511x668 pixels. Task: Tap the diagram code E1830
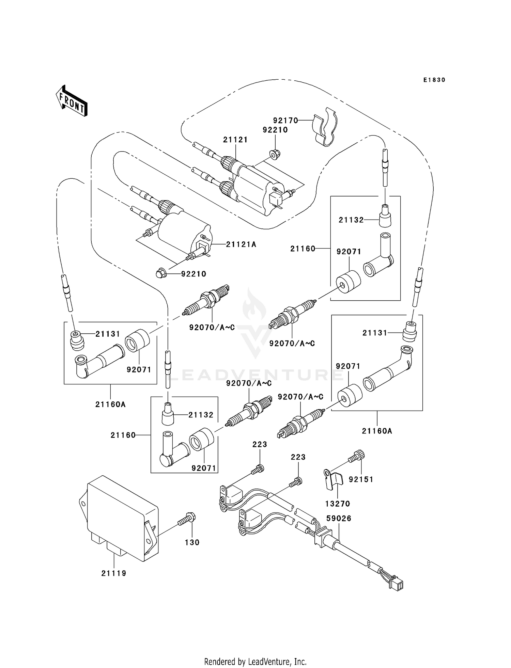click(434, 80)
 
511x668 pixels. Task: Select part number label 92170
click(285, 121)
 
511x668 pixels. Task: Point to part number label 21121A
click(241, 244)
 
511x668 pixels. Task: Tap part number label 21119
click(114, 573)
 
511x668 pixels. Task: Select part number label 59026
click(339, 518)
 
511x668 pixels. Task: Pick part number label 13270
click(337, 504)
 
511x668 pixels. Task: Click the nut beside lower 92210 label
click(161, 273)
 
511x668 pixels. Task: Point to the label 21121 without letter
click(235, 140)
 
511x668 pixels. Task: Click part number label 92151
click(361, 479)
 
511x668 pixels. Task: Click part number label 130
click(192, 542)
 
